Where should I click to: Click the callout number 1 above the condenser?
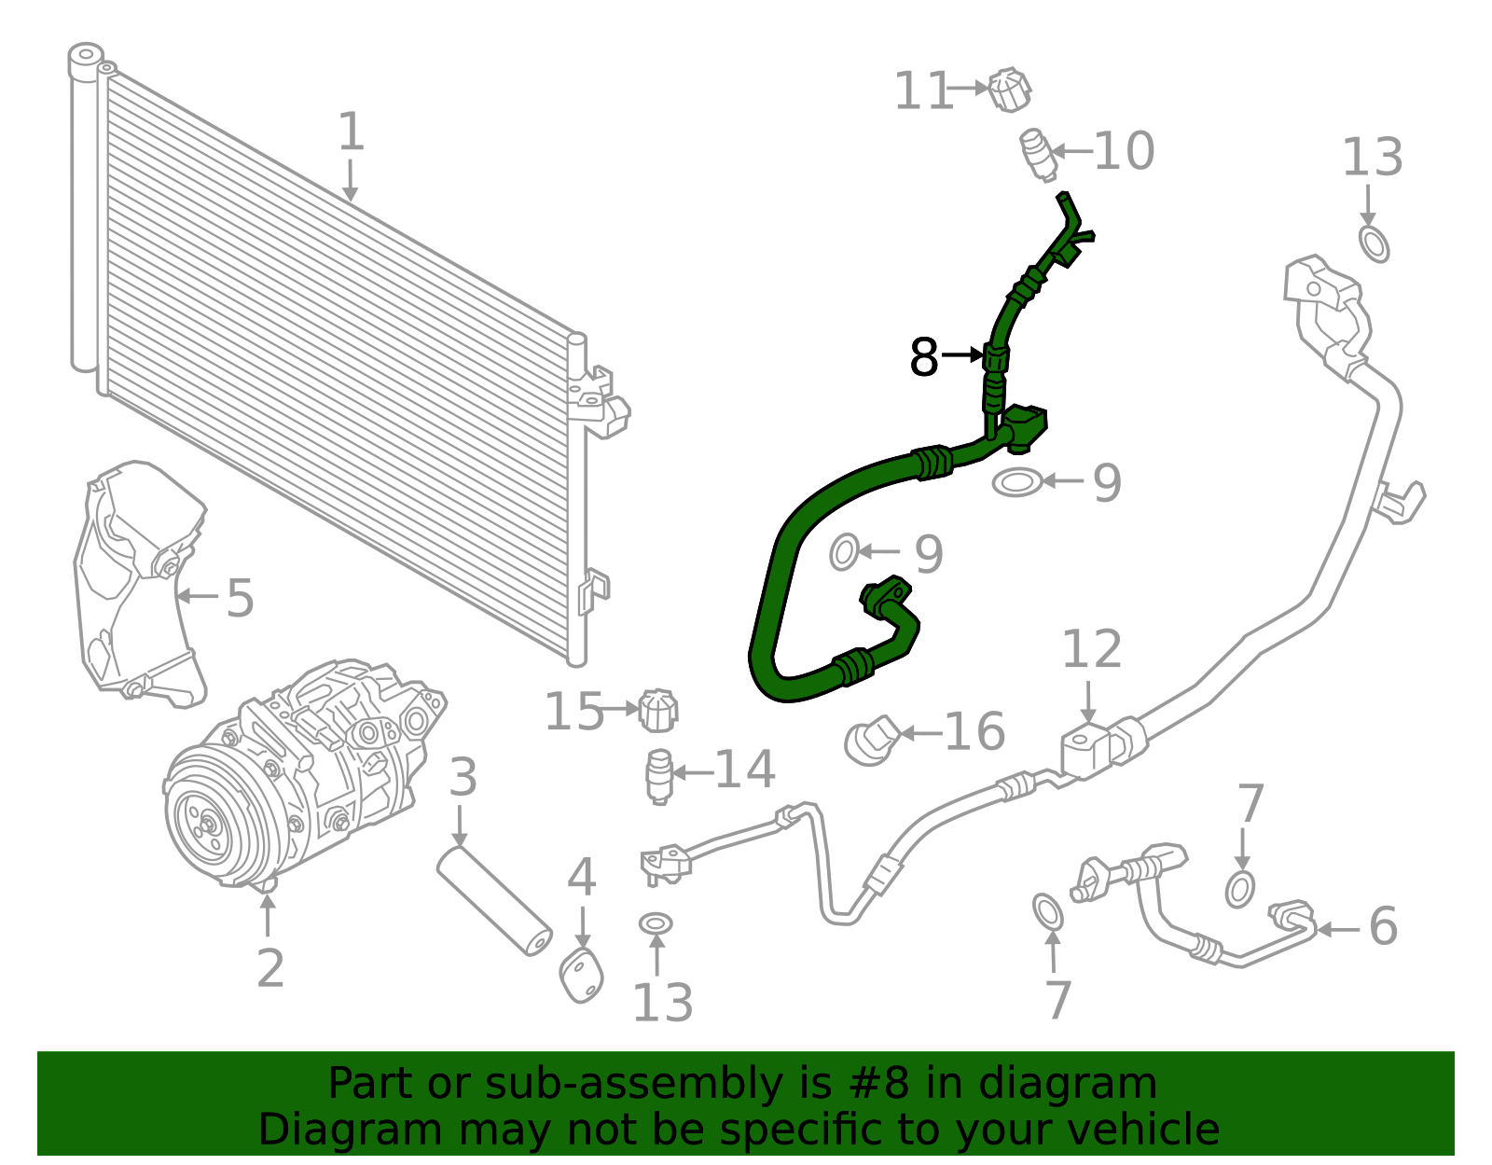click(x=351, y=132)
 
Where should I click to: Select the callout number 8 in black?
click(x=923, y=356)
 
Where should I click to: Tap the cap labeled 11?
click(x=1009, y=90)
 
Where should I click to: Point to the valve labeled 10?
click(x=1038, y=155)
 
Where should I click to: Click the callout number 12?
click(x=1091, y=648)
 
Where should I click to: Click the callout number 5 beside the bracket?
click(x=241, y=598)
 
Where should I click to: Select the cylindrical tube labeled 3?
click(x=494, y=901)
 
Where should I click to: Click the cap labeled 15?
click(x=657, y=711)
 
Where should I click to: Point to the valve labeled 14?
click(x=659, y=776)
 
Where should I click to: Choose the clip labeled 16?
click(x=871, y=741)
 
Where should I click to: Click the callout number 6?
click(x=1383, y=926)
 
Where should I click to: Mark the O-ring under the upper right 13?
click(x=1374, y=243)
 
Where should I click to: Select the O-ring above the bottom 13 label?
click(x=656, y=923)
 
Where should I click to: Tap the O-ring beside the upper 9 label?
click(x=1016, y=482)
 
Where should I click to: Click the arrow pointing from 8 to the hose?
click(x=962, y=355)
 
